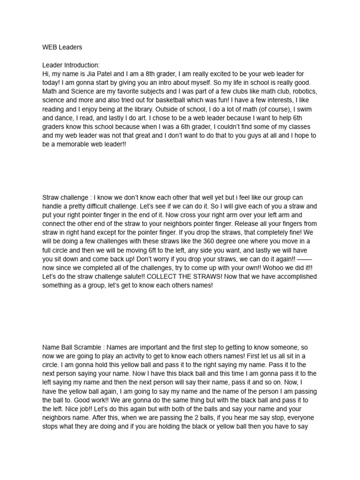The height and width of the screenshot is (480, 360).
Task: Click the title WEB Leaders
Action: [x=62, y=47]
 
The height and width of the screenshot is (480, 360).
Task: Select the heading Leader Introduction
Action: [x=71, y=65]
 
